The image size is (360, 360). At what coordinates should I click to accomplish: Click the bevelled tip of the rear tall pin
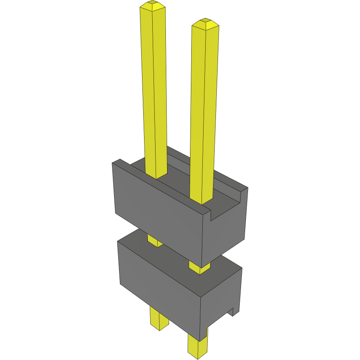point(153,5)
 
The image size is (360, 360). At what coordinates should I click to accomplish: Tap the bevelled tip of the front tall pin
point(205,24)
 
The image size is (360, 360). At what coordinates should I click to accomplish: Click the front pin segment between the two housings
point(199,268)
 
